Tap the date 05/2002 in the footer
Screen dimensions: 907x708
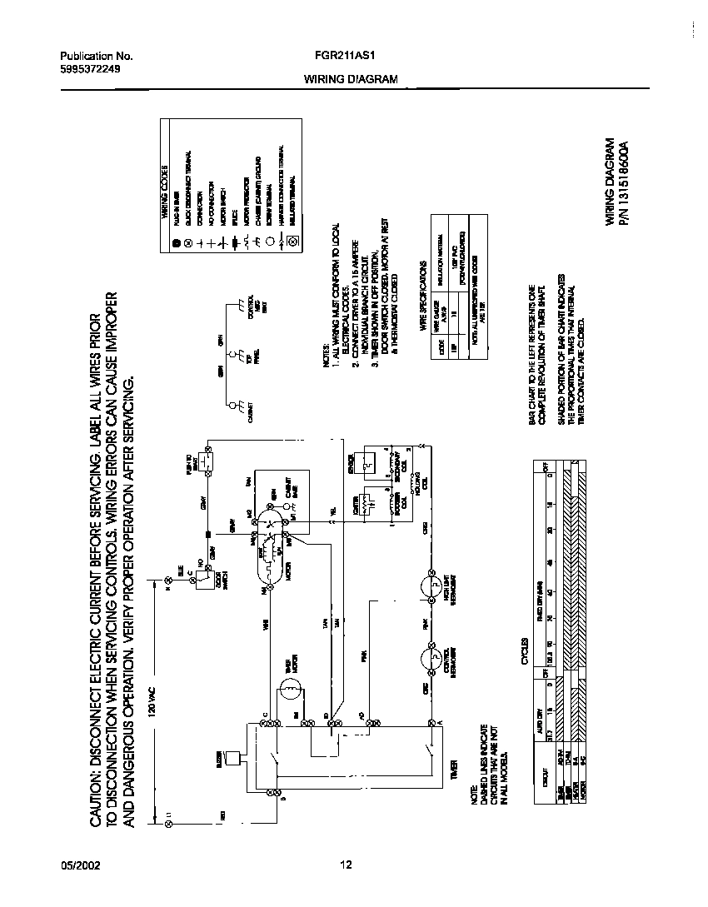80,865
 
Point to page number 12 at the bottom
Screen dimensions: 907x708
347,865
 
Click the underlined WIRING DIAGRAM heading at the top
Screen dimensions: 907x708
350,80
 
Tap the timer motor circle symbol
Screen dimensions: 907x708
288,688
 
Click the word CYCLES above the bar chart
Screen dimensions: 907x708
526,658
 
